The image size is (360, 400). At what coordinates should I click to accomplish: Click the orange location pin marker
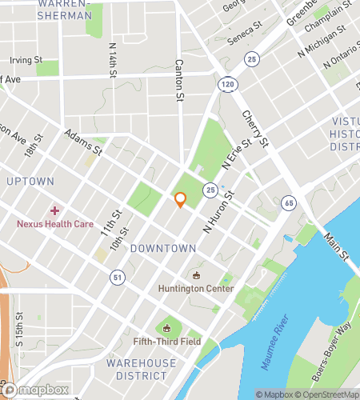181,200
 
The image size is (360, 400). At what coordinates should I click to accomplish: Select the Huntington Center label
196,289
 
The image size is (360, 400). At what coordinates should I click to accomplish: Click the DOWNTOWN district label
163,249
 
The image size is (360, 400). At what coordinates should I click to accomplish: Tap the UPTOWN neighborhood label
30,182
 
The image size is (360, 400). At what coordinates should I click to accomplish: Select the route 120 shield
227,83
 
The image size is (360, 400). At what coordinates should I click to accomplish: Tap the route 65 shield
288,203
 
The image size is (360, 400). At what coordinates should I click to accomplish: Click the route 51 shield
118,276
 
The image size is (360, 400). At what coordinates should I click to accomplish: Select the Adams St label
84,142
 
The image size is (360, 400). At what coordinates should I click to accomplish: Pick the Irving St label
26,60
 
